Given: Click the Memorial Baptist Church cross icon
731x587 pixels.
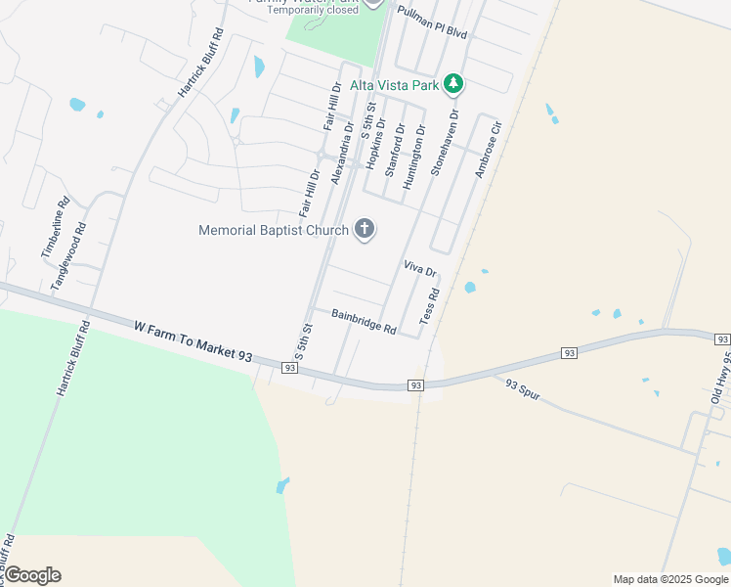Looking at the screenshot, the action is pos(365,231).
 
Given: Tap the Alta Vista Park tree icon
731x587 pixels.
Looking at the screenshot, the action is pos(452,85).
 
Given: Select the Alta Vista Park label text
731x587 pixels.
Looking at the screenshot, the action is pos(394,85).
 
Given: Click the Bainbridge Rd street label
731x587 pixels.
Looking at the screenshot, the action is pos(363,322).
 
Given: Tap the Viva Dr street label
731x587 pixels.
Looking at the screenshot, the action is pos(418,269).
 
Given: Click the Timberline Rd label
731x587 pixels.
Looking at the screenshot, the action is pos(55,230).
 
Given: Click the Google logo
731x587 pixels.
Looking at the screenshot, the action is pos(32,575).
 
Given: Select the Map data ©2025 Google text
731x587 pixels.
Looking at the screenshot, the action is pos(669,579).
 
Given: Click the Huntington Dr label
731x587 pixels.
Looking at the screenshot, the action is pos(414,157).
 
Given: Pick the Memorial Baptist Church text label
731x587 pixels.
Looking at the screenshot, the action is pos(273,231).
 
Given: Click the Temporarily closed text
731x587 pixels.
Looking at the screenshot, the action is pos(313,10).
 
